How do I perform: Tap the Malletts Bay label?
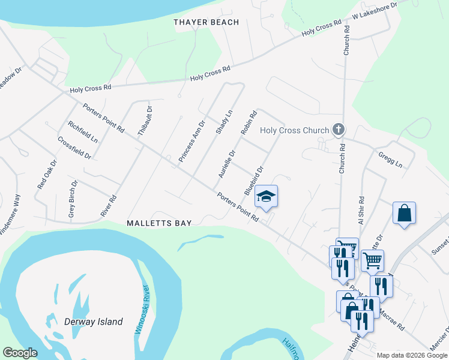pyautogui.click(x=159, y=223)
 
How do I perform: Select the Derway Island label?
pyautogui.click(x=93, y=322)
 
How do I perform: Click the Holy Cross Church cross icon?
pyautogui.click(x=339, y=130)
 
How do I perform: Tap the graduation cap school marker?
pyautogui.click(x=267, y=196)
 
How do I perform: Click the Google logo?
pyautogui.click(x=20, y=353)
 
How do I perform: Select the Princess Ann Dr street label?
pyautogui.click(x=192, y=140)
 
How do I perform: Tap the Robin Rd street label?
pyautogui.click(x=249, y=122)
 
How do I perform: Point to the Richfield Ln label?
pyautogui.click(x=83, y=132)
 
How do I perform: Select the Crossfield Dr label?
pyautogui.click(x=74, y=148)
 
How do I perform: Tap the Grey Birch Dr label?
pyautogui.click(x=73, y=199)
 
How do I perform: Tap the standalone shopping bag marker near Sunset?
pyautogui.click(x=404, y=214)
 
